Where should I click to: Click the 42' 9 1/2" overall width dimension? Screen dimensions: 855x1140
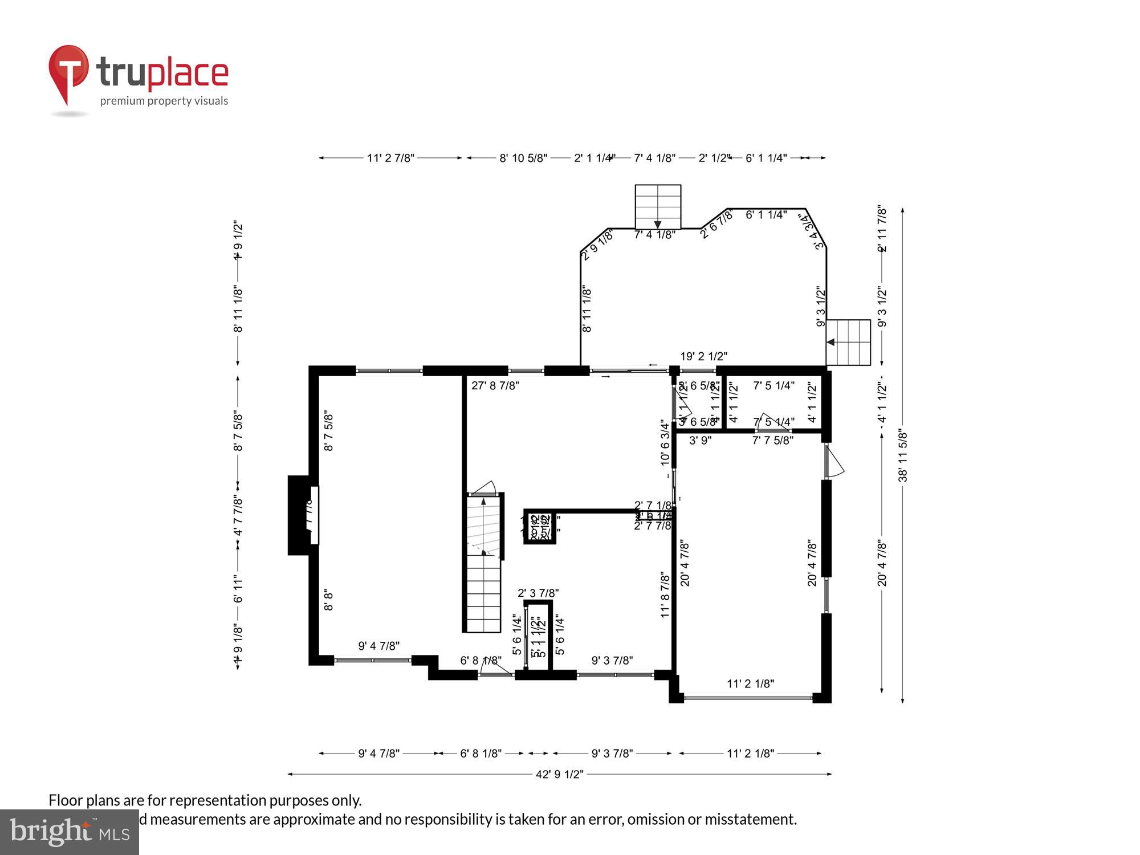coord(559,774)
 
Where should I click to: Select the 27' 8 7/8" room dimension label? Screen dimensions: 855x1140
coord(495,386)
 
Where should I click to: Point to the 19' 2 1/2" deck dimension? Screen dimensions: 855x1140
coord(703,357)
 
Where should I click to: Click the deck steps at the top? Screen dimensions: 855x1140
coord(658,206)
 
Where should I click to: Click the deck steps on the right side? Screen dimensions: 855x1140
coord(848,342)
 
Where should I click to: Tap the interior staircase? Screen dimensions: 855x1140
coord(484,564)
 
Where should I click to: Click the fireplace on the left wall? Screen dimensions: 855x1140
coord(302,515)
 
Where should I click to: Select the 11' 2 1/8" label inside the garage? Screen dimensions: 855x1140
coord(750,683)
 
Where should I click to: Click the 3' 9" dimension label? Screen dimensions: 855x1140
coord(700,441)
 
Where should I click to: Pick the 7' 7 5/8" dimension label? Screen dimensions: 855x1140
coord(772,441)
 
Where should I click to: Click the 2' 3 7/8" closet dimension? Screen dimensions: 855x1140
coord(538,593)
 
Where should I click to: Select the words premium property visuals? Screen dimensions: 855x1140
coord(164,101)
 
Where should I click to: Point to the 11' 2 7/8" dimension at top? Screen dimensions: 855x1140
coord(390,158)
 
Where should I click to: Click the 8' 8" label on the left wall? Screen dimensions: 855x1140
coord(328,600)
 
